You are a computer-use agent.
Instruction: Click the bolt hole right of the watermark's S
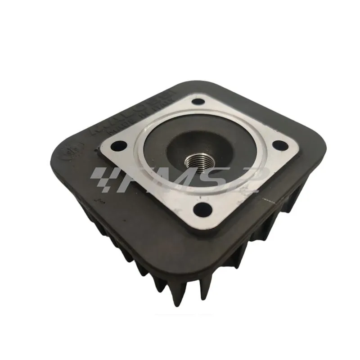(x=280, y=145)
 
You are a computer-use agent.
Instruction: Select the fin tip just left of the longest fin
(x=157, y=292)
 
